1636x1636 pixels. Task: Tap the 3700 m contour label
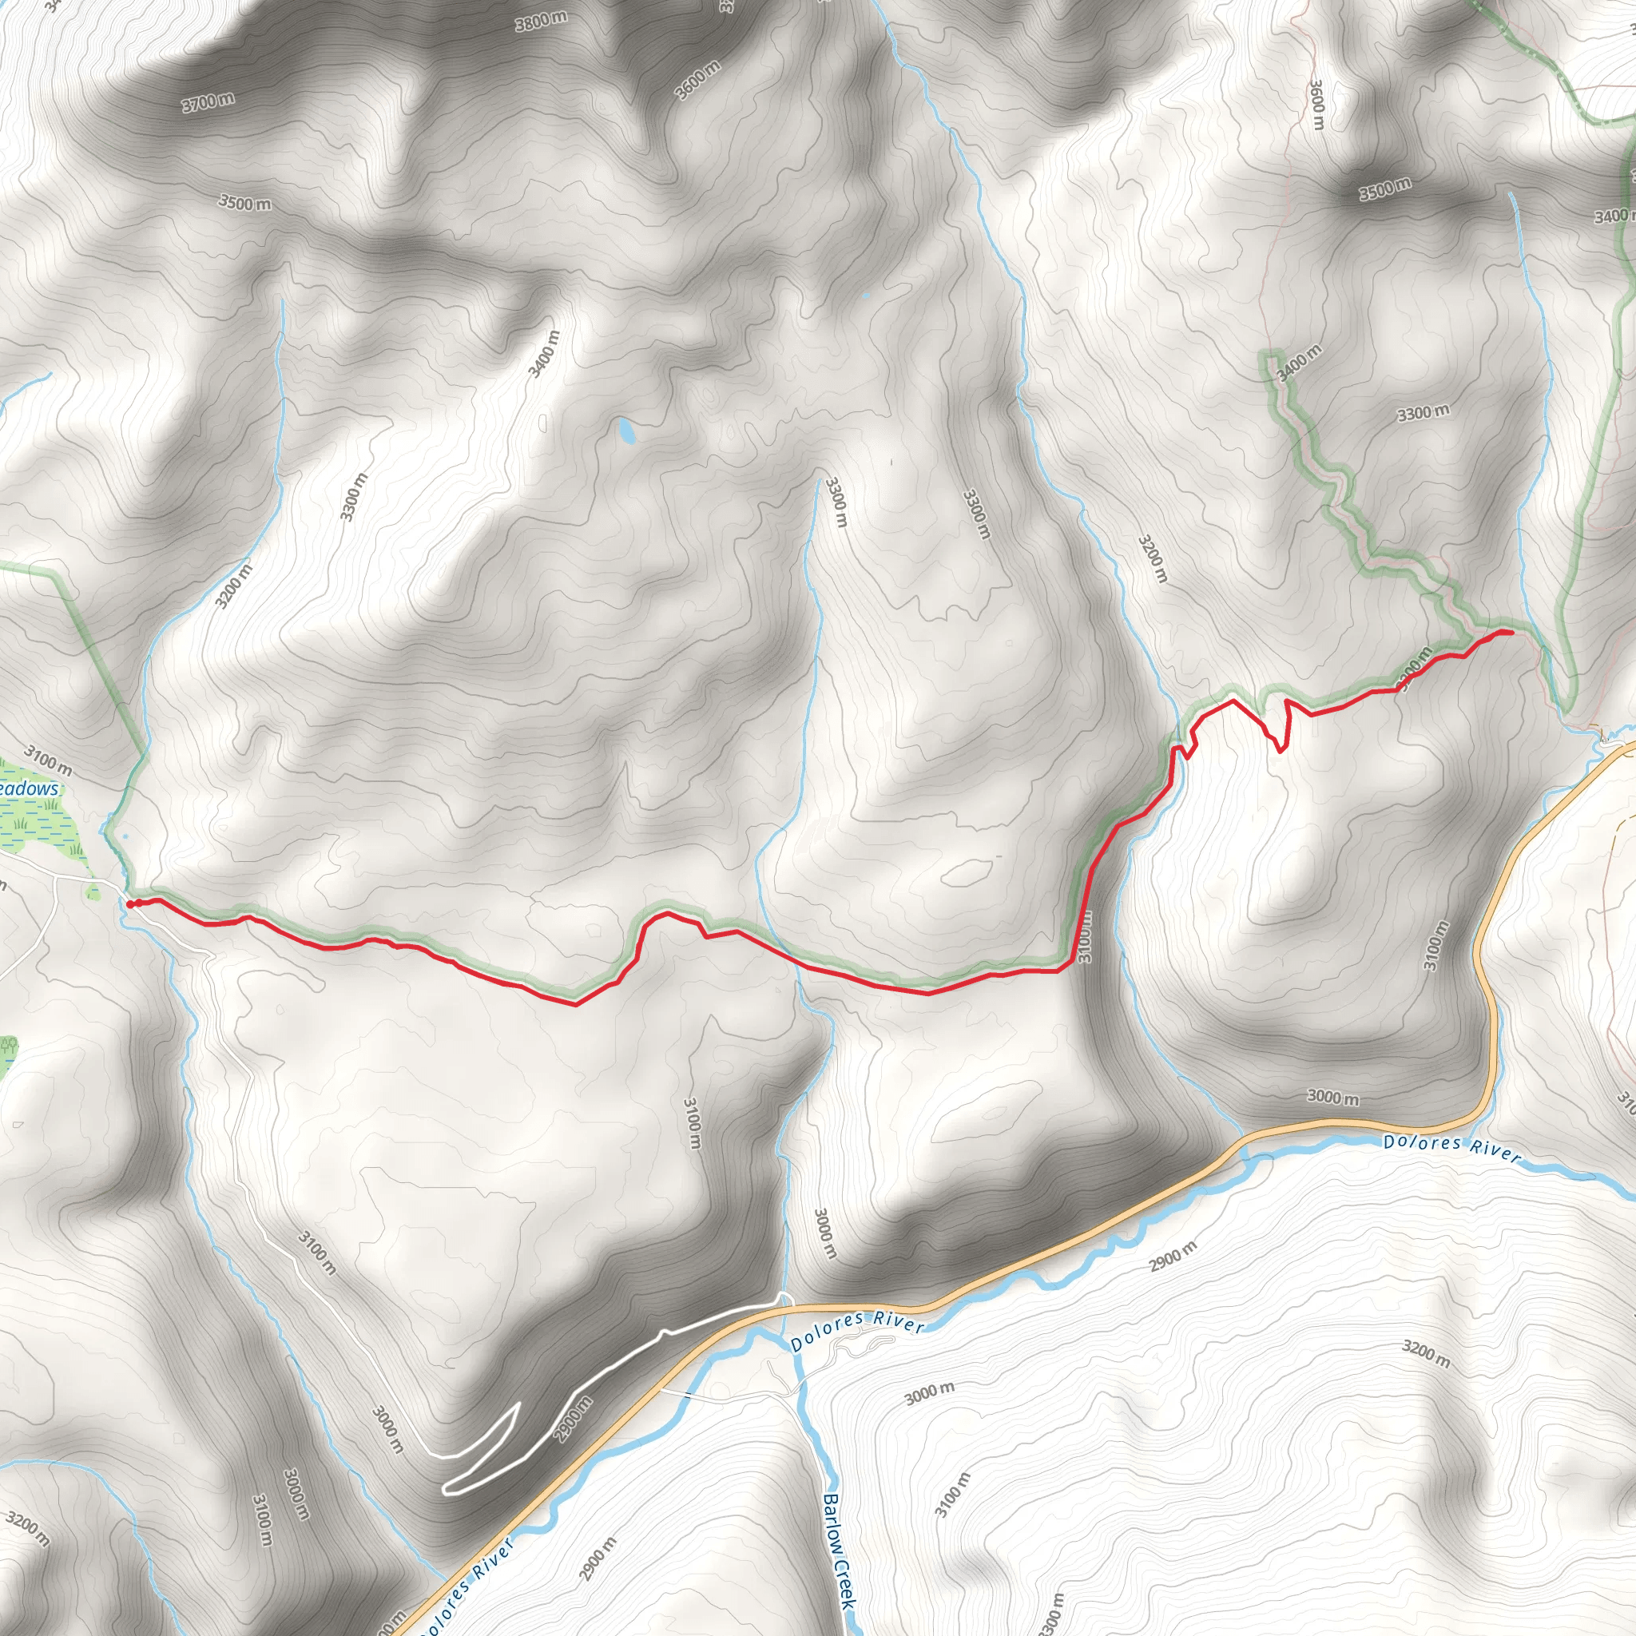click(208, 102)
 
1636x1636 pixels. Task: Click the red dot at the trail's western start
click(130, 904)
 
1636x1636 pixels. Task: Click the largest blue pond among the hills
click(625, 431)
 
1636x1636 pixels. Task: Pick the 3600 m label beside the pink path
click(1316, 104)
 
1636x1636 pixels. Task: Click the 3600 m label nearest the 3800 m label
click(700, 80)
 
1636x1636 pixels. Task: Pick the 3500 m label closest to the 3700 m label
click(245, 203)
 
